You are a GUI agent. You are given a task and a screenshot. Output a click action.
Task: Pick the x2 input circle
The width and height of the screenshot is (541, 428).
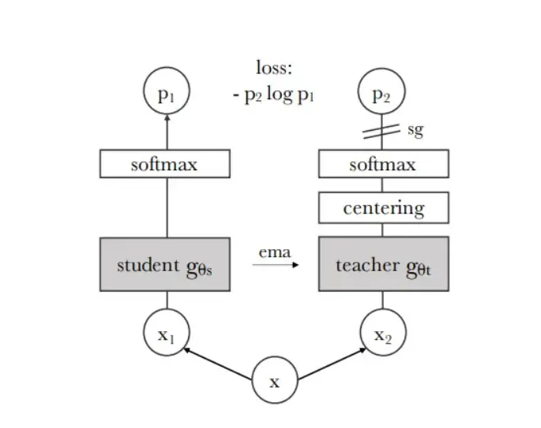click(383, 333)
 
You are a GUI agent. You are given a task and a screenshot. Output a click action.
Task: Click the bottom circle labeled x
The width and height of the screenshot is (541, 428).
click(274, 382)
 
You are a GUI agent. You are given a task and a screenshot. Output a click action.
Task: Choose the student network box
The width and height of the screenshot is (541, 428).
click(165, 265)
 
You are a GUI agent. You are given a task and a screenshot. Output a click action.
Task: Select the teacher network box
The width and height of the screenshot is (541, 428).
click(383, 265)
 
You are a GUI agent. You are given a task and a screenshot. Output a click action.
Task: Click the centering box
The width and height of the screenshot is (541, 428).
click(383, 208)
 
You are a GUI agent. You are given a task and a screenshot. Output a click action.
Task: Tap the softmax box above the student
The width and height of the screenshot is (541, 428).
click(165, 164)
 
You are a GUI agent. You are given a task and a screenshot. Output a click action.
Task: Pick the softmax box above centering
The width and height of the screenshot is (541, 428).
click(383, 164)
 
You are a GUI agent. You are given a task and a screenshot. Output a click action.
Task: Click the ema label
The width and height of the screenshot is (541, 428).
click(274, 252)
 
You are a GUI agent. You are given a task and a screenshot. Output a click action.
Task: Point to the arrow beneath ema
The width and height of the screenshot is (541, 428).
click(276, 266)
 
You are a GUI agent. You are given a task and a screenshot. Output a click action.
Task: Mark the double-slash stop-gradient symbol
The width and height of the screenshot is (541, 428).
click(383, 131)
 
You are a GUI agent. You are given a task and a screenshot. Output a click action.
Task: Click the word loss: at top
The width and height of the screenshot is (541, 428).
click(274, 68)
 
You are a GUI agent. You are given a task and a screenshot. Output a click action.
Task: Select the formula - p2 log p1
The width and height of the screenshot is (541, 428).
click(274, 96)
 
